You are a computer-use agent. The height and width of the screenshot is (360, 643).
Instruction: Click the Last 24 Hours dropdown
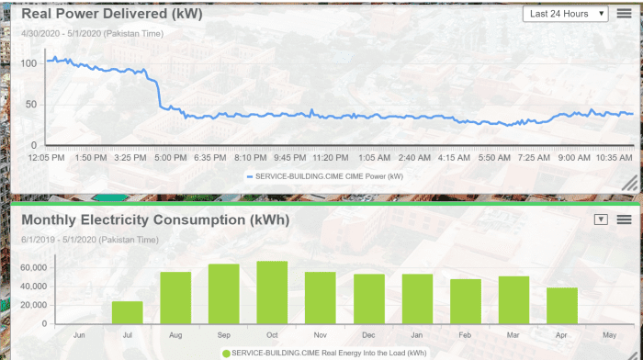[566, 14]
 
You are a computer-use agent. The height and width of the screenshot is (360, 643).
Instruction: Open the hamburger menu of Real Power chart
[624, 14]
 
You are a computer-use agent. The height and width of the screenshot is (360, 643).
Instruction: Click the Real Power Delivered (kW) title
[111, 14]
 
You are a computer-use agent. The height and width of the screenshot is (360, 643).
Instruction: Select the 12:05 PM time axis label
[46, 158]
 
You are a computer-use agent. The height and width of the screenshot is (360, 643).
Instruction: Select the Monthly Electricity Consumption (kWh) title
[154, 220]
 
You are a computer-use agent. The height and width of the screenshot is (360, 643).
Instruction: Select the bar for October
[272, 293]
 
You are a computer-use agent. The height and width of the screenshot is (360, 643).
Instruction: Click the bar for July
[128, 312]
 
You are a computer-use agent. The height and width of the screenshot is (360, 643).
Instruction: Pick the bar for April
[562, 306]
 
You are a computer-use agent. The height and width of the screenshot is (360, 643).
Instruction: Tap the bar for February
[466, 301]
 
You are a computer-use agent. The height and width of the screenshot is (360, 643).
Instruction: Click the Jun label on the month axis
[80, 335]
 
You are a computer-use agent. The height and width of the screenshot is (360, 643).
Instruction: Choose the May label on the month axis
[610, 335]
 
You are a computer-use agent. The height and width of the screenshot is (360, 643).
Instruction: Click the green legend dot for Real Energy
[226, 353]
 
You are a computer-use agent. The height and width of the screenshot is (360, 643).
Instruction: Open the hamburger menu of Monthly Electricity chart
[624, 219]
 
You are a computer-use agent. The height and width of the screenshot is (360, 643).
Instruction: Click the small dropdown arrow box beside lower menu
[602, 219]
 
